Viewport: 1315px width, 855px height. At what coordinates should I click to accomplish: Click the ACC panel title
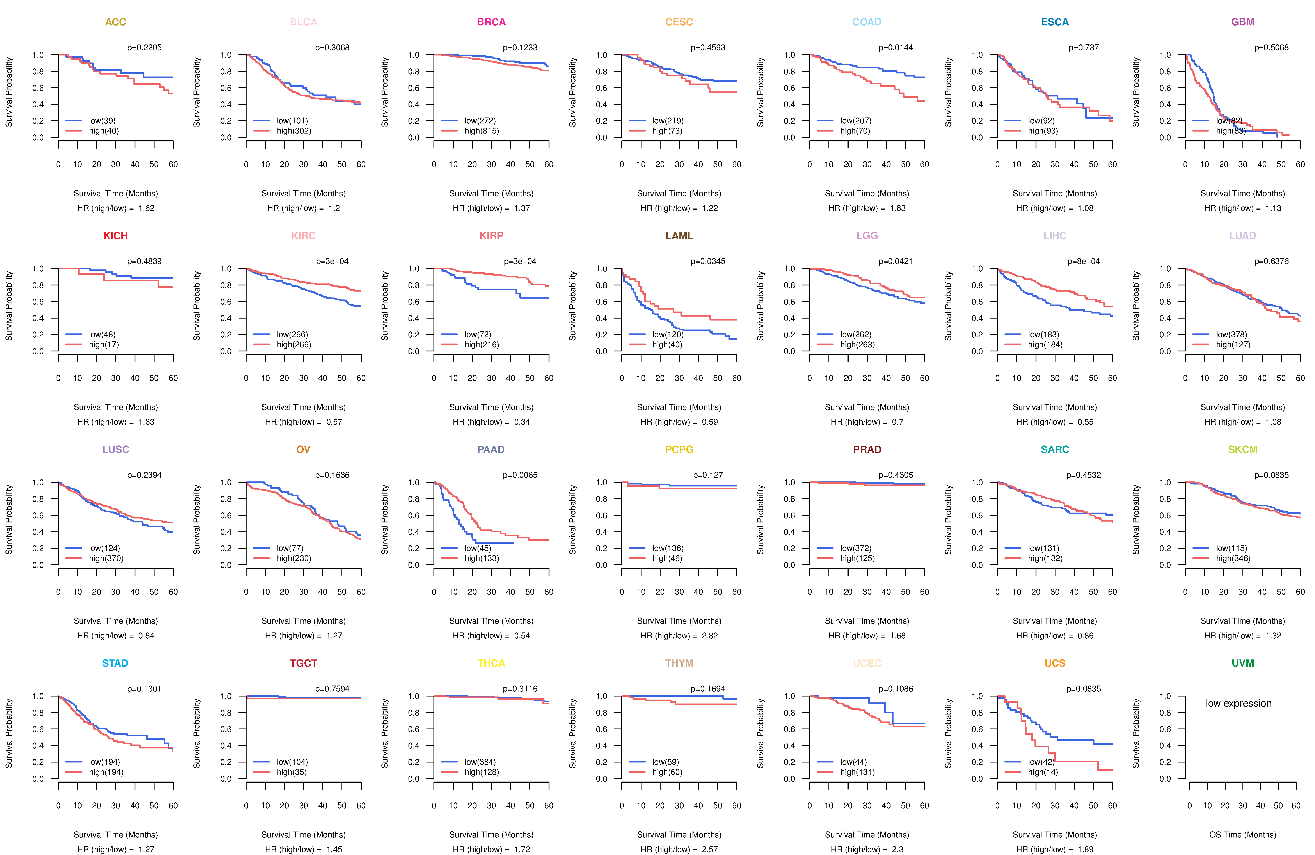(116, 22)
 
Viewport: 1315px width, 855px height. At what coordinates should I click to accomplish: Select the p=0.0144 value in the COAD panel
(896, 48)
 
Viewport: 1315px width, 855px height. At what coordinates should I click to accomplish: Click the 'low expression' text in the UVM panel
(1238, 704)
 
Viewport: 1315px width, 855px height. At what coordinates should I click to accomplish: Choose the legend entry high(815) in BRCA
(481, 131)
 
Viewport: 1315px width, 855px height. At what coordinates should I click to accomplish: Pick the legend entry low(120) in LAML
(667, 334)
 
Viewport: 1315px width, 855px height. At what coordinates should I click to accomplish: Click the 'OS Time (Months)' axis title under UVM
(1243, 835)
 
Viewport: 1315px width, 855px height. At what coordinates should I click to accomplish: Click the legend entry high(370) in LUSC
(106, 558)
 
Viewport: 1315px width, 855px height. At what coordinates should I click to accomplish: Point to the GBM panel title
(1243, 22)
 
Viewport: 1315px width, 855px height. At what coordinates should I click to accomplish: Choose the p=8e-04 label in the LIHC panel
(1084, 261)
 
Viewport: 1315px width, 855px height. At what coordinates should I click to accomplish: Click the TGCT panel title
(303, 663)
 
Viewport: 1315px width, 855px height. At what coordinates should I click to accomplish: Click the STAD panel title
(115, 663)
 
